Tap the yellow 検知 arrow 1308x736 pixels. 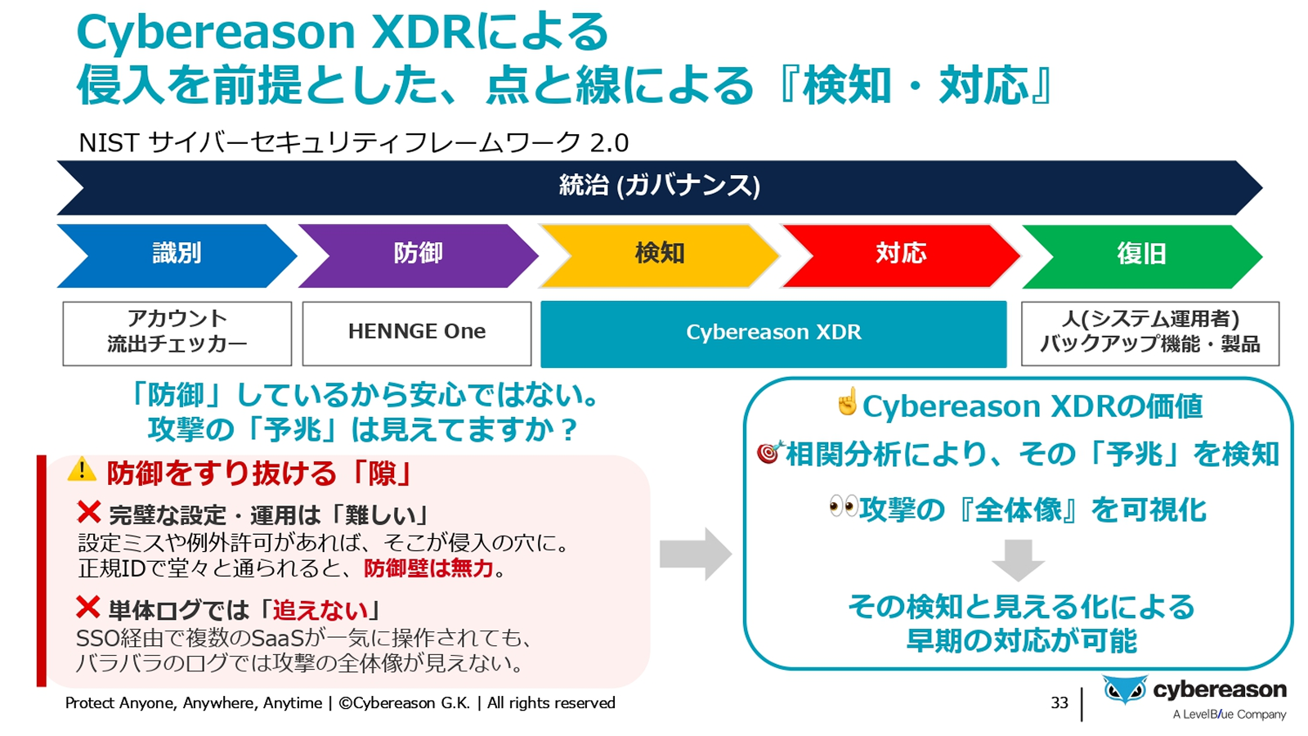pos(659,255)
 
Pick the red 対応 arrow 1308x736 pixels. pos(900,255)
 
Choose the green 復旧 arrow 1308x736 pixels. pos(1141,255)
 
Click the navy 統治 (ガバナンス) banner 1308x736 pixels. pos(659,187)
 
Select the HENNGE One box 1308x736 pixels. pos(417,333)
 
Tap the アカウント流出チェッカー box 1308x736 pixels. pos(177,333)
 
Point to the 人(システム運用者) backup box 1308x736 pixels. pos(1149,333)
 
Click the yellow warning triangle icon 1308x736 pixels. pos(82,470)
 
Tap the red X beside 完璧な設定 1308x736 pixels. pos(88,513)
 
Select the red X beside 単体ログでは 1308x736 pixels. pos(87,608)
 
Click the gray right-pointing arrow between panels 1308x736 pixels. pos(695,554)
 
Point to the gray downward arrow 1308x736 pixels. pos(1018,559)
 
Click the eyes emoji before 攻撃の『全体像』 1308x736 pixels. pos(843,507)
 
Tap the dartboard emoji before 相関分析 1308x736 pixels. pos(769,451)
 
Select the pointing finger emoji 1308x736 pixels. pos(848,402)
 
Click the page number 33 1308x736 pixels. pos(1059,702)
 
